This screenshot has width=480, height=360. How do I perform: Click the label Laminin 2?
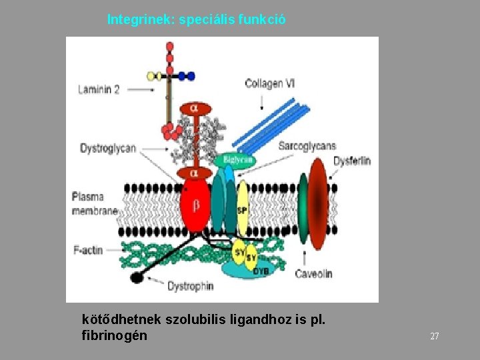(x=99, y=89)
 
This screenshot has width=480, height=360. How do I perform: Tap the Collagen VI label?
(x=270, y=84)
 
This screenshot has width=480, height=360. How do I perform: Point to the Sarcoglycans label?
(x=307, y=146)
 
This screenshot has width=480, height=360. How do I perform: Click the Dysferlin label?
(x=352, y=161)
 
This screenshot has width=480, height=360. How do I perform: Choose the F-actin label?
(x=88, y=250)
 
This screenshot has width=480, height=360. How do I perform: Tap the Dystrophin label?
(x=190, y=286)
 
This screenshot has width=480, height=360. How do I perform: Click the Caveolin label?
(x=313, y=273)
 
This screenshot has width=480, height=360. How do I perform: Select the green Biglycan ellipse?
(x=235, y=160)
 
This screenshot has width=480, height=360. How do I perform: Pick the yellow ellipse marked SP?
(x=243, y=208)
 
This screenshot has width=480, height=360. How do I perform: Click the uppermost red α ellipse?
(x=194, y=108)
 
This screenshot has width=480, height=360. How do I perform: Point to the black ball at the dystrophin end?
(x=137, y=277)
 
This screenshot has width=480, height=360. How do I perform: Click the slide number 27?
(x=434, y=337)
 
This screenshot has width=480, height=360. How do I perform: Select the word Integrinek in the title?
(x=139, y=19)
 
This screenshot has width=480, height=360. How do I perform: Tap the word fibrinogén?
(x=114, y=335)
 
